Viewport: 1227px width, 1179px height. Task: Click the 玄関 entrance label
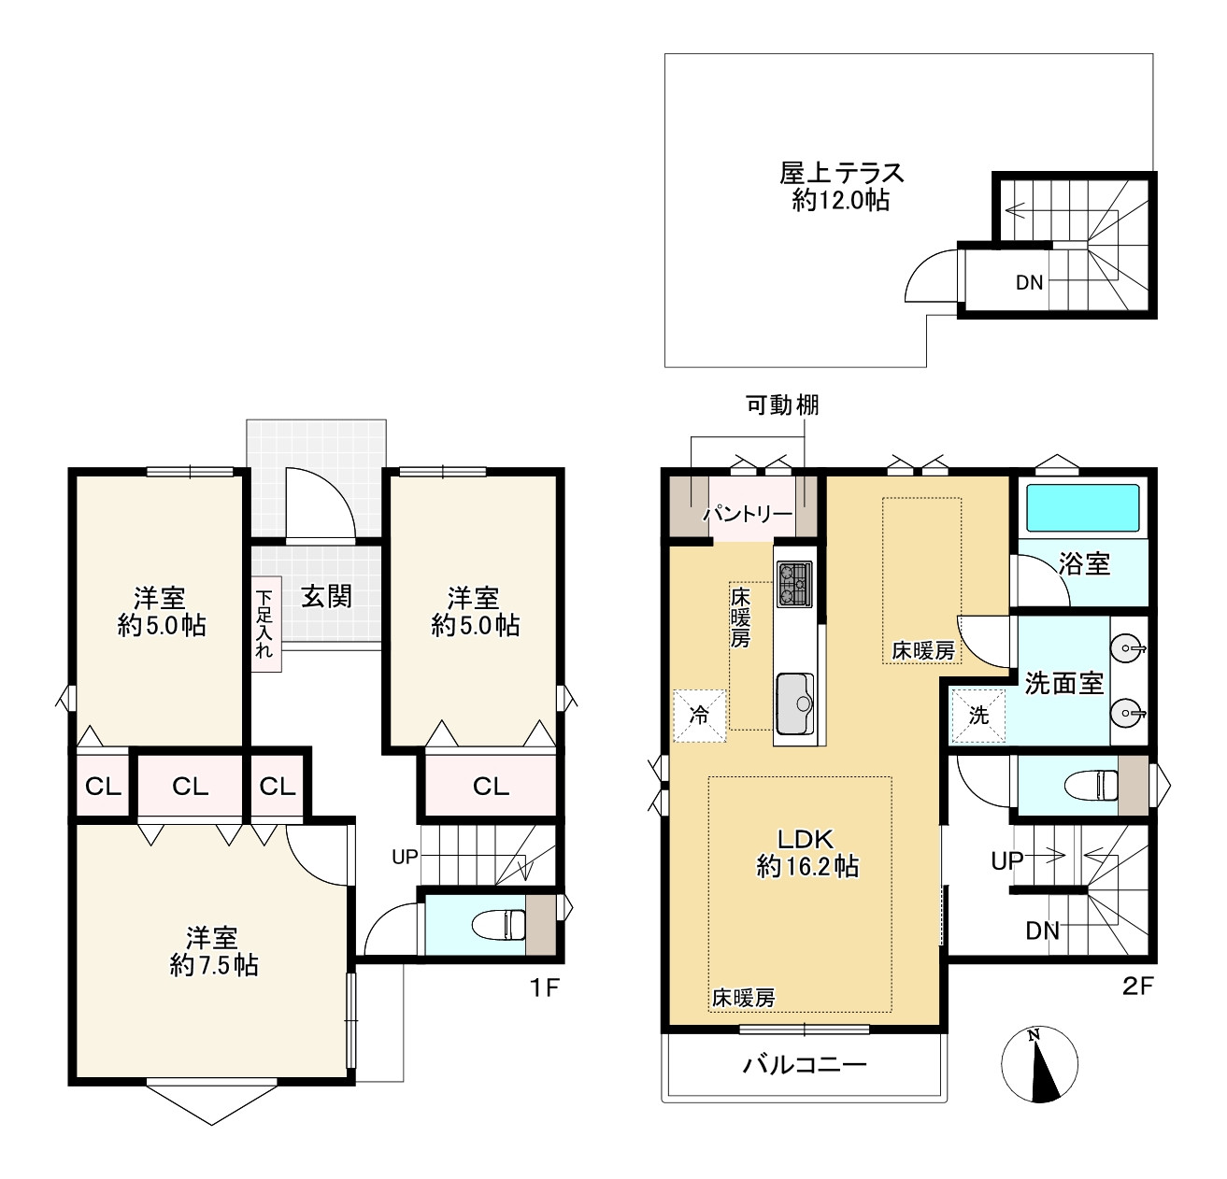[x=326, y=596]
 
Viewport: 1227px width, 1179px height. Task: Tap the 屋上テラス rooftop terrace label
[x=842, y=173]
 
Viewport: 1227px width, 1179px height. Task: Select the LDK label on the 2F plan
[x=806, y=839]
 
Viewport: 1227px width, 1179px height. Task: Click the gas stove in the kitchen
[x=795, y=585]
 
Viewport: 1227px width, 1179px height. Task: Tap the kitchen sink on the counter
[x=794, y=703]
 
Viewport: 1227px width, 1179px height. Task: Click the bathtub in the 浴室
[x=1082, y=507]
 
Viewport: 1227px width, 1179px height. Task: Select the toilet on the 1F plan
[x=499, y=924]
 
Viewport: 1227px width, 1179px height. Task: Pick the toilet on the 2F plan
[x=1091, y=786]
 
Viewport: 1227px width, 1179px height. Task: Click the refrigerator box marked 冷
[x=699, y=715]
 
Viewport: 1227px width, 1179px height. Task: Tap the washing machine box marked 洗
[x=977, y=716]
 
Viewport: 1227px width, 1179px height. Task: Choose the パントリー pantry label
[x=748, y=515]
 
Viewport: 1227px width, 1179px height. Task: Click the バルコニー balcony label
[x=805, y=1065]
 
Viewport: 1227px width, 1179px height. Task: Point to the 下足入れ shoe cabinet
[x=266, y=623]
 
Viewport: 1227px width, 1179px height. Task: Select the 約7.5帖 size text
[x=214, y=965]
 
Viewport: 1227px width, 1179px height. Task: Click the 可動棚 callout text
[x=782, y=405]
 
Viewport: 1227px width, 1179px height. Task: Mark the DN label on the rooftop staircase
[x=1029, y=282]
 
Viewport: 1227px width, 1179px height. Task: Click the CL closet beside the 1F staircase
[x=491, y=786]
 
